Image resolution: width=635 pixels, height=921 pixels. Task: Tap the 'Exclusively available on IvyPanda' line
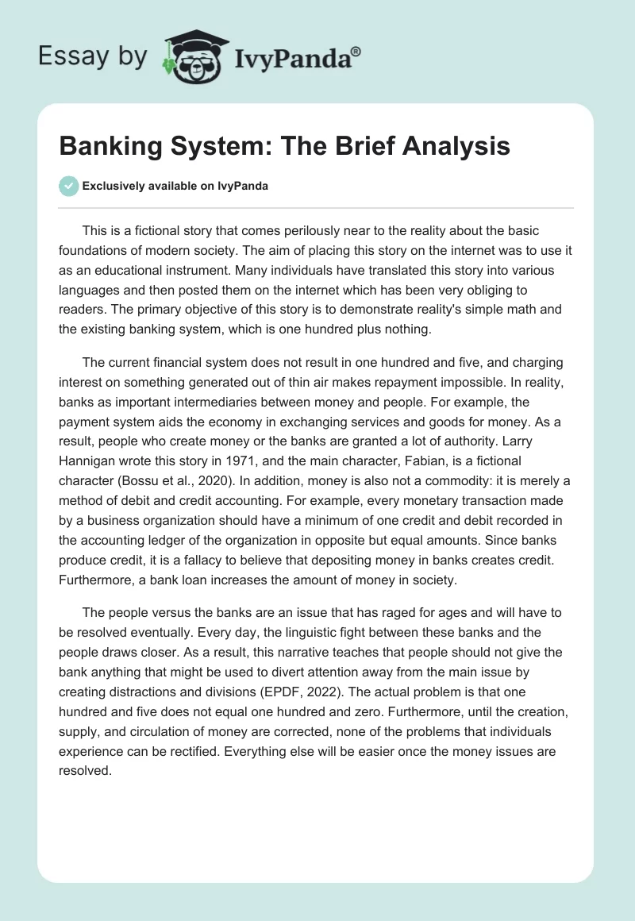pyautogui.click(x=175, y=186)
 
